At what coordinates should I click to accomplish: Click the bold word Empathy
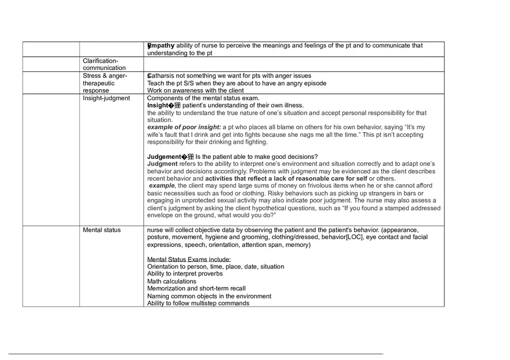click(x=161, y=45)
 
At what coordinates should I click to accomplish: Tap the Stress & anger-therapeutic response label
click(x=105, y=83)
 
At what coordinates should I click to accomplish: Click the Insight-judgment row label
click(x=107, y=99)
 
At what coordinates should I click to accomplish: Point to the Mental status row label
click(x=102, y=230)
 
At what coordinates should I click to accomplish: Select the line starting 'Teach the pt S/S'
click(x=236, y=83)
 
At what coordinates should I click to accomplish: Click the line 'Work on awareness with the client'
click(x=195, y=91)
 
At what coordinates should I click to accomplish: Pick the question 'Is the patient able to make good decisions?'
click(x=256, y=157)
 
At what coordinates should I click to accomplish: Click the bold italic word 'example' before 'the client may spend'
click(x=162, y=186)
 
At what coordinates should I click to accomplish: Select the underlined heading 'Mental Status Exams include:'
click(x=189, y=259)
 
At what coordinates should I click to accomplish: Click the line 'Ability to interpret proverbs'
click(x=185, y=274)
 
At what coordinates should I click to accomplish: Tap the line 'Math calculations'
click(x=172, y=281)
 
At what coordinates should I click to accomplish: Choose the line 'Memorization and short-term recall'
click(x=196, y=289)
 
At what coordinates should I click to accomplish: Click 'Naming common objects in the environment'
click(x=209, y=296)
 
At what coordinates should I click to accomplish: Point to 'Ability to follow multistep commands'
click(x=198, y=303)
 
